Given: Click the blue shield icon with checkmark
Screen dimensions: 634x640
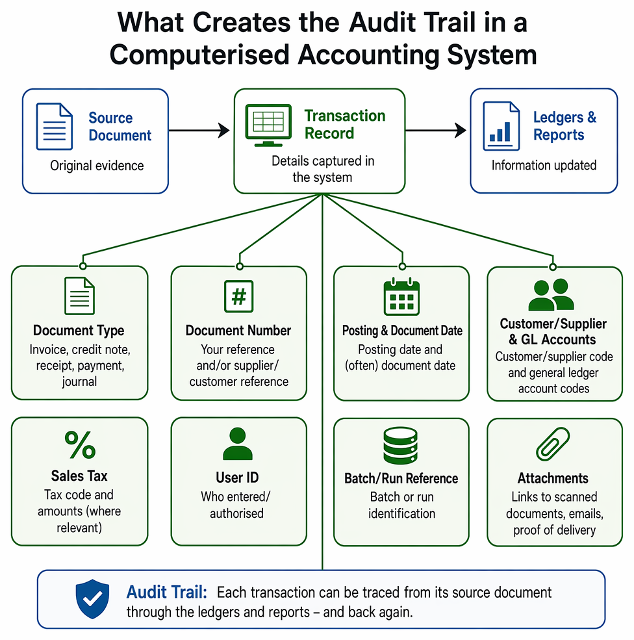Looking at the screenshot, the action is pos(93,599).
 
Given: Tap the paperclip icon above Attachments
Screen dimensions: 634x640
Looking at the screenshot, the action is pos(553,444).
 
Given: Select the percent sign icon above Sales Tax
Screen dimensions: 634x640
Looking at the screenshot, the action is pos(80,445).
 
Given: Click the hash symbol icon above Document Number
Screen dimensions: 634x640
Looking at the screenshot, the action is pos(238,296).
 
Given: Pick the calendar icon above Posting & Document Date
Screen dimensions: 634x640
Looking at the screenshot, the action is pos(401,296).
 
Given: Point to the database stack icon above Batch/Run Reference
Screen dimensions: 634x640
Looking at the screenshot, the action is pos(400,446).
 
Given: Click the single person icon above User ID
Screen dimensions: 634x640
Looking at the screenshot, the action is pos(238,444).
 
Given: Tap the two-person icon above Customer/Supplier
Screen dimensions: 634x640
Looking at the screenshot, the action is pos(552,294).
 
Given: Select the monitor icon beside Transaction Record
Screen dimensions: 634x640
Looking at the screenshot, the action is pos(268,125).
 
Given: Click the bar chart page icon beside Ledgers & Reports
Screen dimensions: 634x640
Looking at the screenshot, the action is pos(501,126).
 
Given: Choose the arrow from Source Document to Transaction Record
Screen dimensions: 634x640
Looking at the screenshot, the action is pos(199,131).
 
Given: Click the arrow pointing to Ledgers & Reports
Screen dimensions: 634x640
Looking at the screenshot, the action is pos(436,131).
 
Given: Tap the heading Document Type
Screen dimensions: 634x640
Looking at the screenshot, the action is pos(79,330).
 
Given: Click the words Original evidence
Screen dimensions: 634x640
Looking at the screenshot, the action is pos(97,166).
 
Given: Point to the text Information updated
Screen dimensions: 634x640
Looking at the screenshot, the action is pos(544,165).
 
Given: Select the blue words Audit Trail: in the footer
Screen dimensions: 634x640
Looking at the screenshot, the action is pos(167,593).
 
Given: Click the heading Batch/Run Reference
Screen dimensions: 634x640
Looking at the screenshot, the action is pos(401,478).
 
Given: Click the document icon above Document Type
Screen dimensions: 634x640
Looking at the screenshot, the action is pos(79,296).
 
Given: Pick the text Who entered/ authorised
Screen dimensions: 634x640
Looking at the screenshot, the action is pos(236,505).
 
